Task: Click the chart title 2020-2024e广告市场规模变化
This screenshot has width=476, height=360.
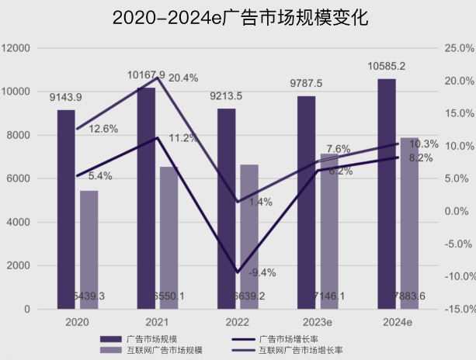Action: tap(238, 17)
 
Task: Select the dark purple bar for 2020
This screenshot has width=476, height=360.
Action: tap(66, 209)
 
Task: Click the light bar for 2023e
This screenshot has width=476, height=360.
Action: tap(329, 233)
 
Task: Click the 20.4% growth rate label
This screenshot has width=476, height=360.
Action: tap(183, 78)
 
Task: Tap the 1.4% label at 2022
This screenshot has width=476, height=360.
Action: tap(261, 202)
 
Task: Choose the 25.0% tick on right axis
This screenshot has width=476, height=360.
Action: tap(458, 48)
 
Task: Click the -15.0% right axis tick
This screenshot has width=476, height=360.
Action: tap(457, 309)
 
